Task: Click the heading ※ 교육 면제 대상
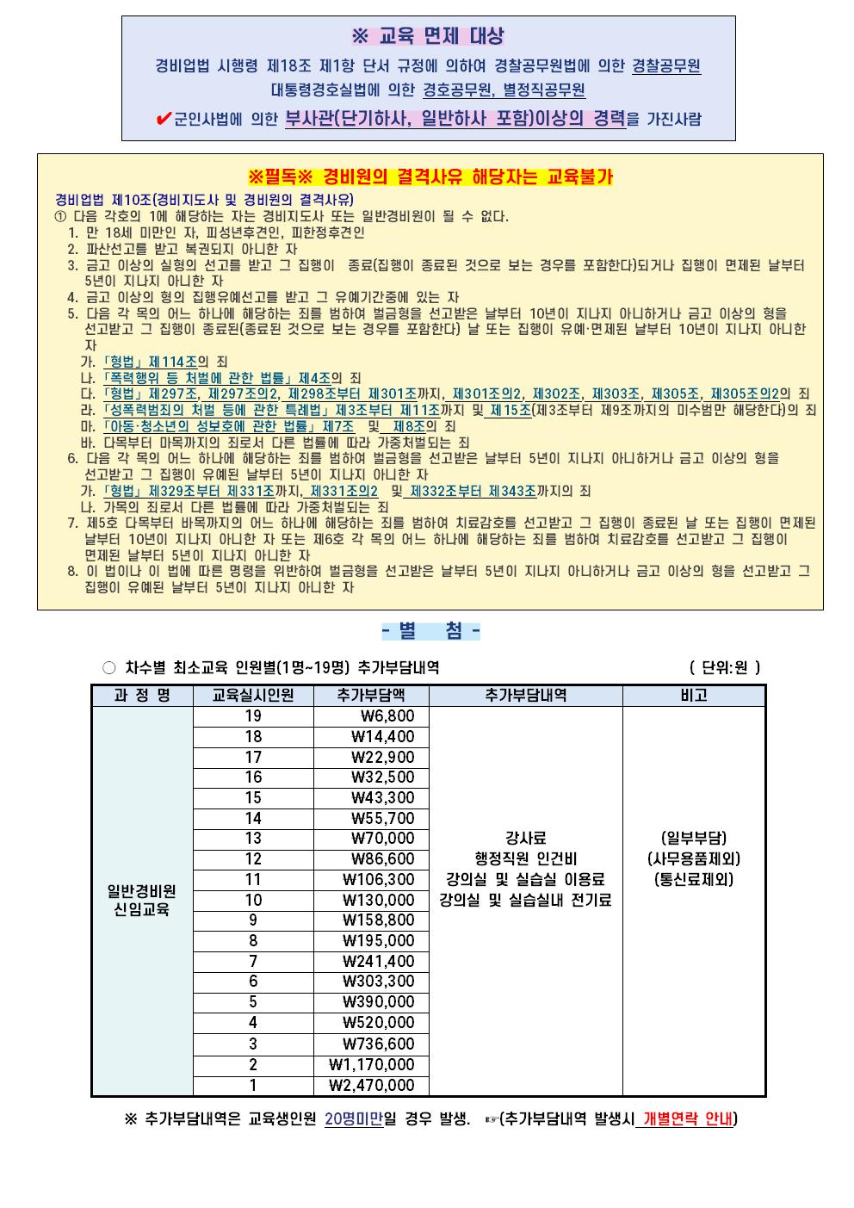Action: coord(428,36)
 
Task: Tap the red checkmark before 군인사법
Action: coord(164,120)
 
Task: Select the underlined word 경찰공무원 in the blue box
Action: coord(666,65)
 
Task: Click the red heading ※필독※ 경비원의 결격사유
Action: coord(430,177)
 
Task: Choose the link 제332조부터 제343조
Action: coord(473,491)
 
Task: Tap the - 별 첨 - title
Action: coord(430,631)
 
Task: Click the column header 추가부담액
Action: coord(371,696)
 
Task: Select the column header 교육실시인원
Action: coord(253,696)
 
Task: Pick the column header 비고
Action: coord(693,696)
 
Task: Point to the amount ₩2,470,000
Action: coord(372,1086)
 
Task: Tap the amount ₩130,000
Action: coord(379,900)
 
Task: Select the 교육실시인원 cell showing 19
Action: coord(253,716)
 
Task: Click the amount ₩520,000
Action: coord(379,1023)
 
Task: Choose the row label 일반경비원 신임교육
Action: coord(142,900)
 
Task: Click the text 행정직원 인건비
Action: coord(525,858)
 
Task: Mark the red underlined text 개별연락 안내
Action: coord(687,1119)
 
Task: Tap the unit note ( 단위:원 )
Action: coord(725,667)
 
